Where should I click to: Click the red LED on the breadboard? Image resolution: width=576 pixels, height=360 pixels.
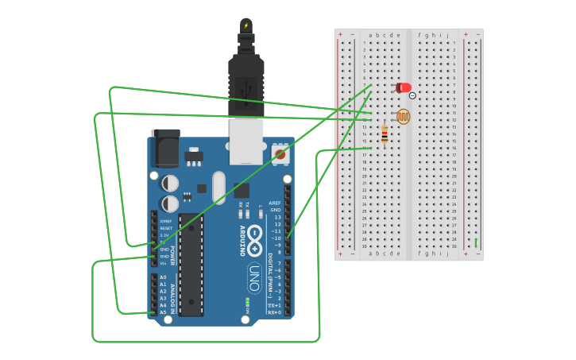(x=404, y=87)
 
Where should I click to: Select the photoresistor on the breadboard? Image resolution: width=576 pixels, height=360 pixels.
(x=404, y=117)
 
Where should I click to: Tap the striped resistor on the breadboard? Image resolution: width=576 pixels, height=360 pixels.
(x=385, y=136)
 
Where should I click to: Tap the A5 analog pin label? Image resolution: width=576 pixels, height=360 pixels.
(x=163, y=312)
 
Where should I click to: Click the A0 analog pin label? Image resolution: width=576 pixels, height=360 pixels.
(x=163, y=277)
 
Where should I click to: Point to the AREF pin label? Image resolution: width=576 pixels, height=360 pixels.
(x=275, y=203)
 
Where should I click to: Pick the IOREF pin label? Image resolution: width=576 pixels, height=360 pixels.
(x=164, y=221)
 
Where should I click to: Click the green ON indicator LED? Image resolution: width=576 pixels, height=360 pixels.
(x=247, y=301)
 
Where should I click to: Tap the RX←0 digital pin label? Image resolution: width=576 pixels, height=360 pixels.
(x=274, y=312)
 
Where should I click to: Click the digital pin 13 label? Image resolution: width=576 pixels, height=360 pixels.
(x=276, y=216)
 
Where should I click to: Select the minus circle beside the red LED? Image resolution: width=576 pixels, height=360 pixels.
(x=412, y=95)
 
